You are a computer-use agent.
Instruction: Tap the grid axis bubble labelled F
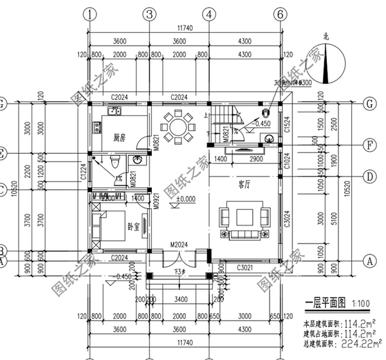[369, 144]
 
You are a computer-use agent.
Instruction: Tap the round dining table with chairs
[177, 126]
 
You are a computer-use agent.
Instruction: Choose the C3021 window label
[245, 267]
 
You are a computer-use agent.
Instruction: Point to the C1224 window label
[83, 172]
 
